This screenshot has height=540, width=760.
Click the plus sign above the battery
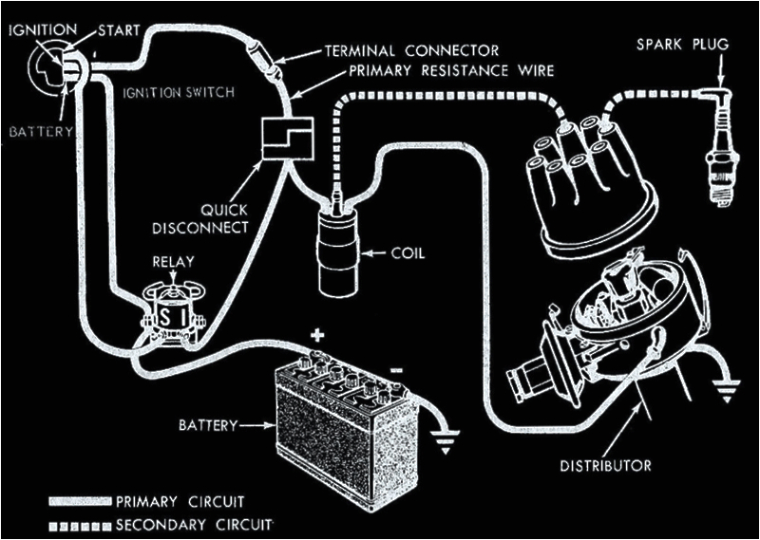tap(316, 336)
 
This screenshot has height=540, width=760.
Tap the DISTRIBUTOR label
tap(605, 465)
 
